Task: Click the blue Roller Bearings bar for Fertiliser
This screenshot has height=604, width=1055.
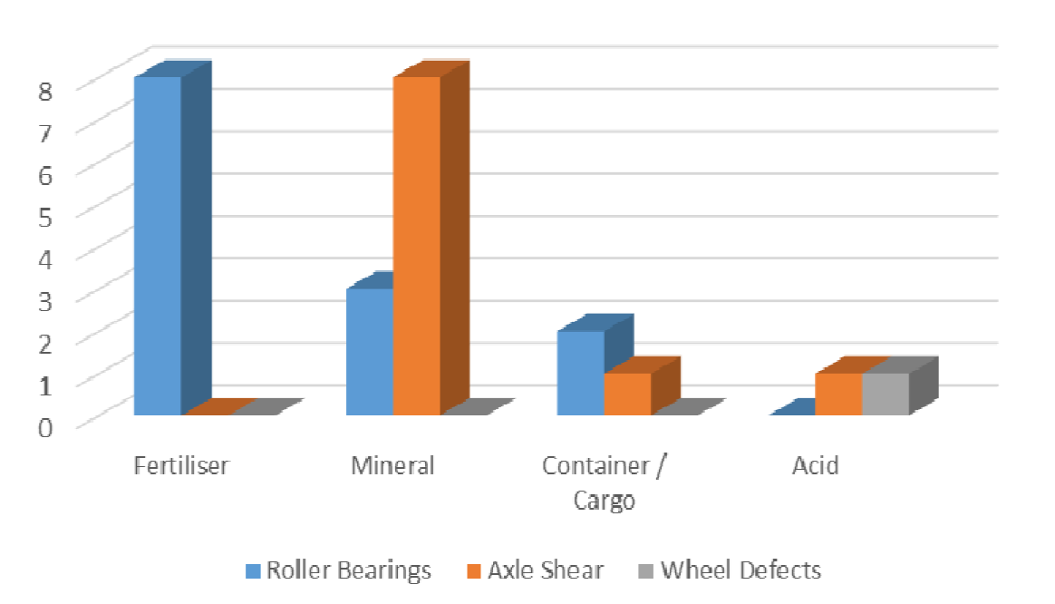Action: click(x=158, y=245)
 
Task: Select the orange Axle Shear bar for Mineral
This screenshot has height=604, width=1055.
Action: click(x=417, y=245)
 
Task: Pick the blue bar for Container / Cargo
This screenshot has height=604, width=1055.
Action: click(x=580, y=373)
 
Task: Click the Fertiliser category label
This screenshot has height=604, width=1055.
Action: click(x=181, y=466)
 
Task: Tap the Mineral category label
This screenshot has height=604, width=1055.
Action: click(x=392, y=466)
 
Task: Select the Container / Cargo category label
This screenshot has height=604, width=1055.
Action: click(x=605, y=482)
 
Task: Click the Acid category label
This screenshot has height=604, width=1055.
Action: click(x=815, y=466)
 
